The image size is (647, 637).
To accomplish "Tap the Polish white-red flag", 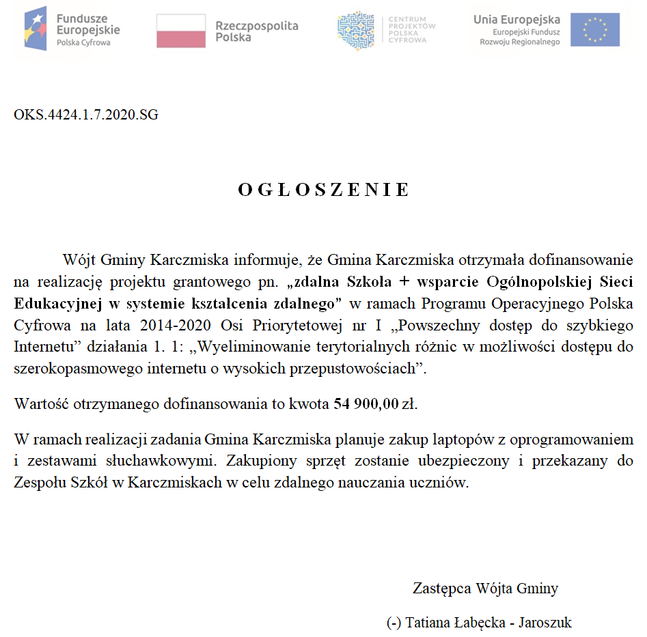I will coord(181,31).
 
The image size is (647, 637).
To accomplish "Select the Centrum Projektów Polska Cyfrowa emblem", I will coord(356,30).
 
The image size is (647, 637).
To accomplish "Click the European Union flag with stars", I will coord(595,30).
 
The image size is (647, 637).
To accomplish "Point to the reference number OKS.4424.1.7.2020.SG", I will coord(86,115).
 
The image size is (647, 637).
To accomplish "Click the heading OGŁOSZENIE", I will coord(324,190).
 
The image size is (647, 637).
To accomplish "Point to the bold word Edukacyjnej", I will coord(56,302).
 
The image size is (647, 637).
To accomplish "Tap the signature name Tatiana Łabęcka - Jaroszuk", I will coord(478,623).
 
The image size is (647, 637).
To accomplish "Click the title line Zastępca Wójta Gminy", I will coord(485,588).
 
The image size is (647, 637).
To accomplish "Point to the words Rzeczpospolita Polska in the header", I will coord(257,31).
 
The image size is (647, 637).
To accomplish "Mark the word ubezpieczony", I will coord(464,461).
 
